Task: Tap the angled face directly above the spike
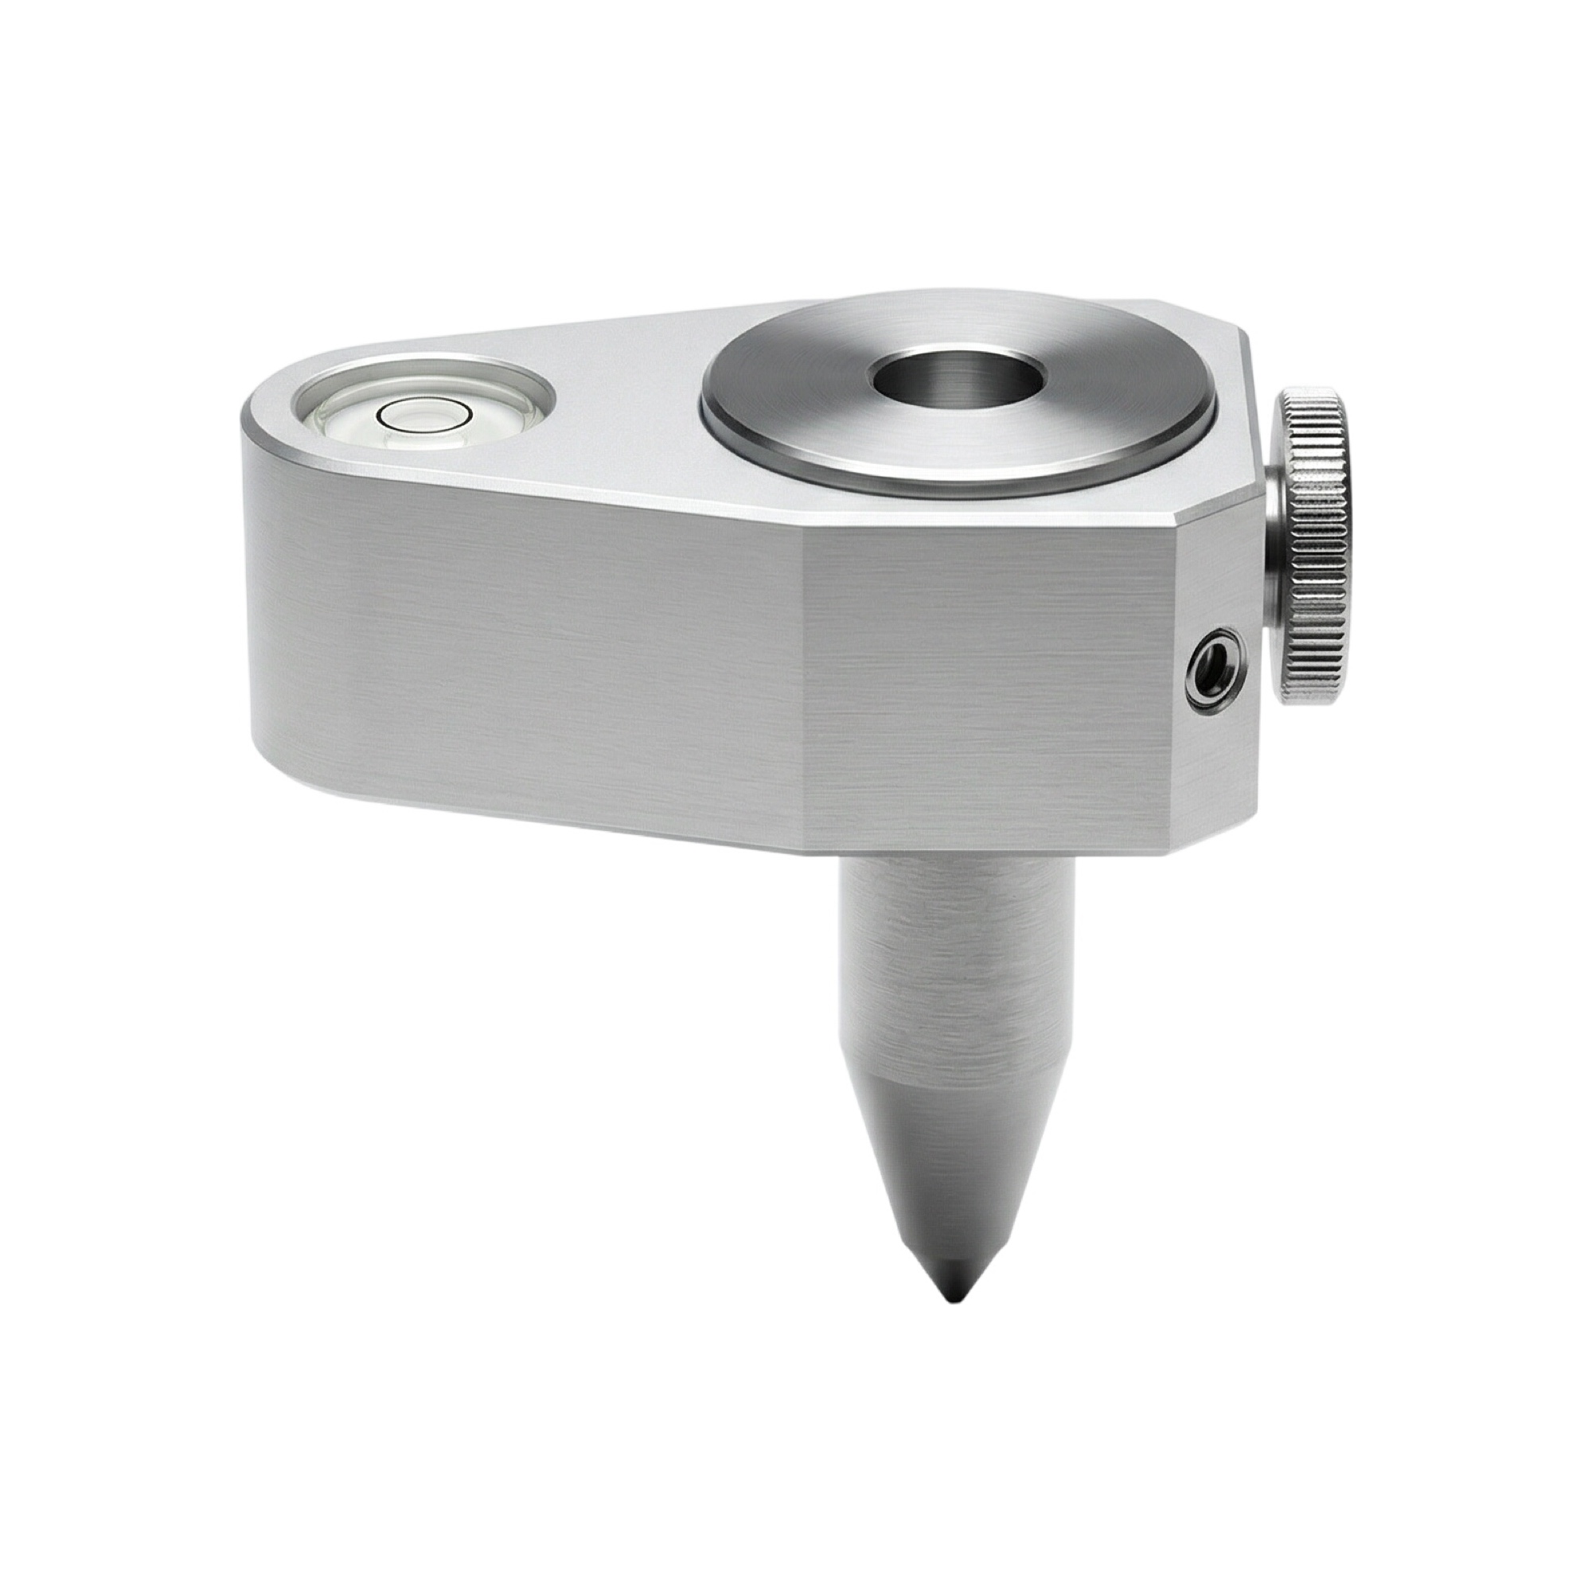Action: [x=989, y=700]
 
